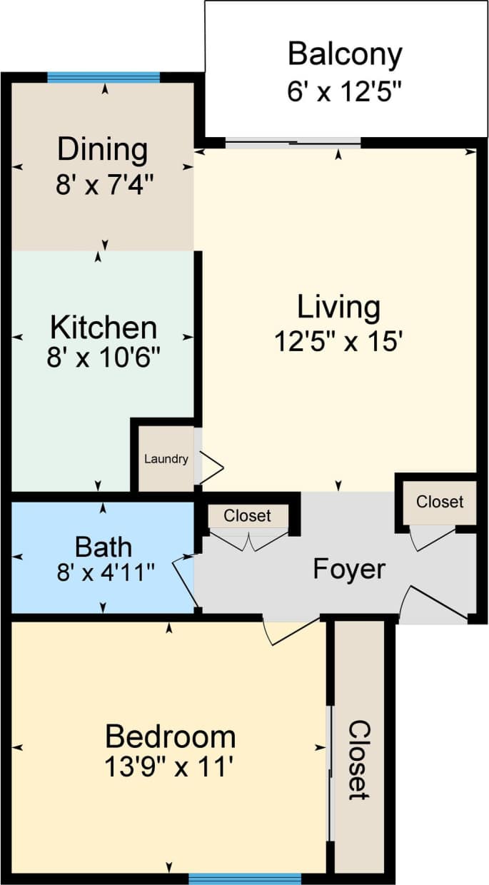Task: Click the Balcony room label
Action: coord(345,54)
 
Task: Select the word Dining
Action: coord(103,151)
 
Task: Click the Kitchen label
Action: coord(104,328)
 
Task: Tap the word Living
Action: coord(338,308)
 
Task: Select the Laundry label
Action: coord(166,459)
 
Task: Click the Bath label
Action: coord(104,547)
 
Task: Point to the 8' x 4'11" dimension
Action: coord(104,572)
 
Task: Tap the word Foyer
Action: coord(349,570)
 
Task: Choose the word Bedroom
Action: coord(170,735)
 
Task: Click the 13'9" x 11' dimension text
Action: coord(170,768)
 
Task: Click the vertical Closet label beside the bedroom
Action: coord(360,759)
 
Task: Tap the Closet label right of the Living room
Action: coord(440,502)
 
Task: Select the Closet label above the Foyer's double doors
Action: coord(247,515)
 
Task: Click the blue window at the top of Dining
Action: coord(104,78)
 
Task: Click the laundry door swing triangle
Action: coord(213,467)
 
